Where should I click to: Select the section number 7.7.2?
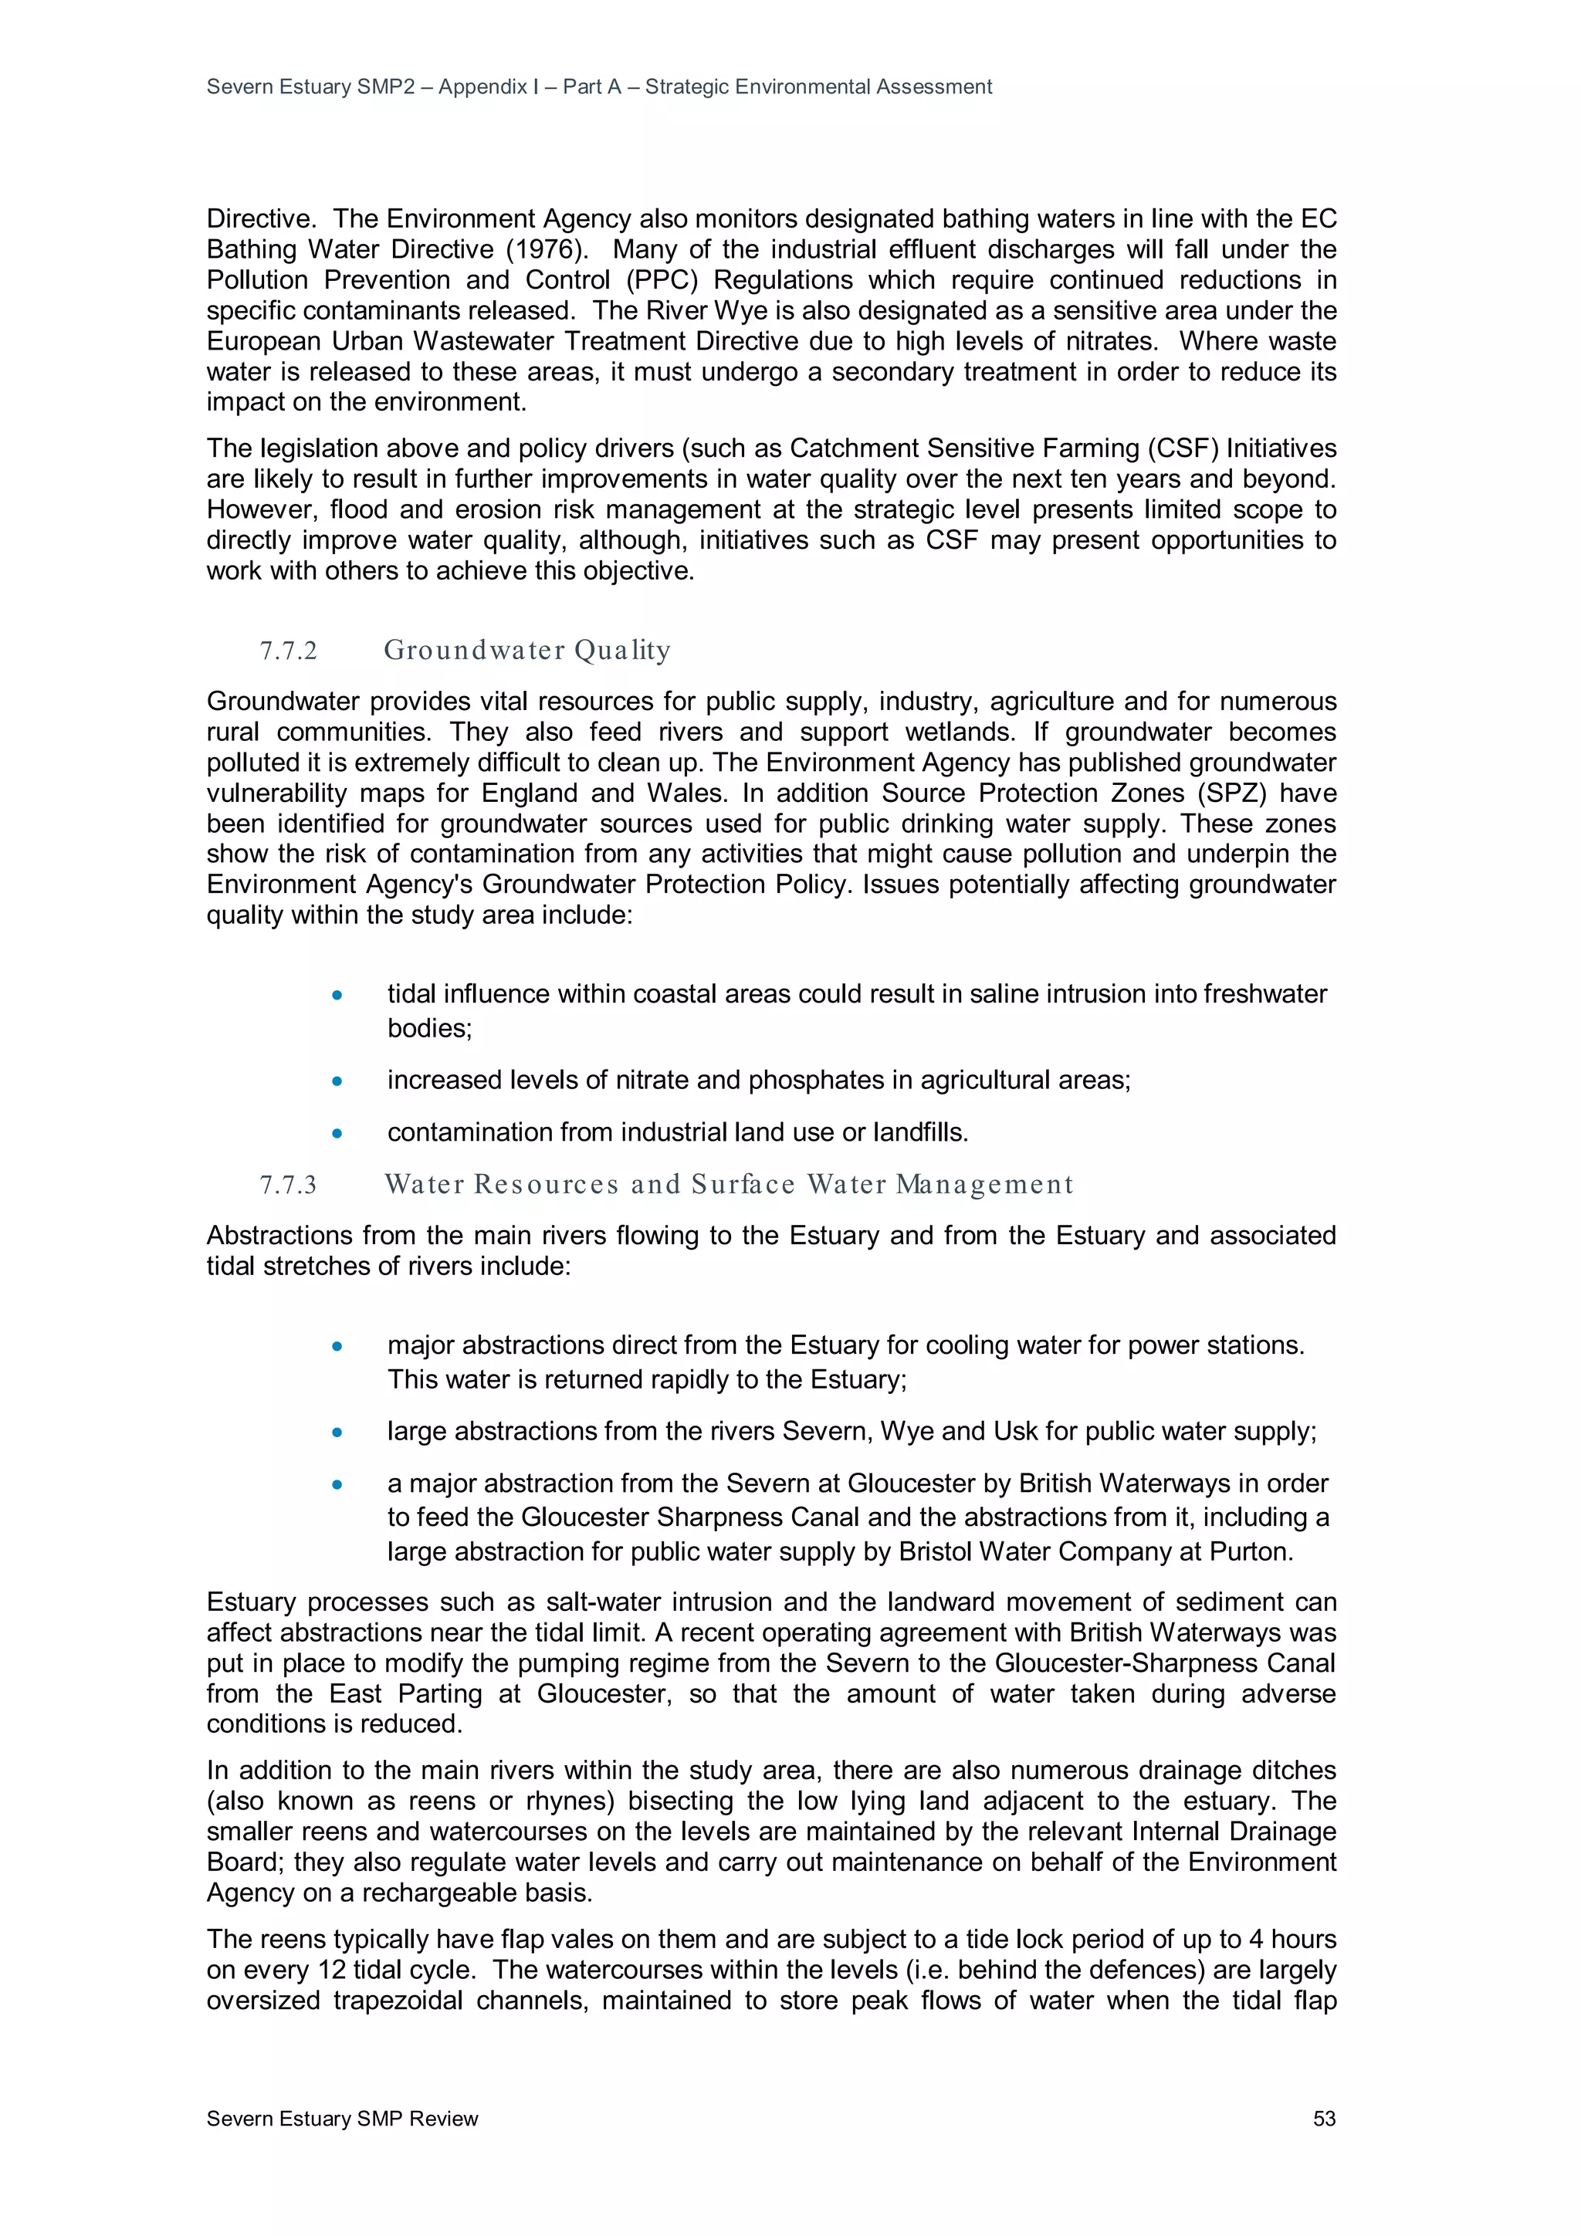(x=289, y=651)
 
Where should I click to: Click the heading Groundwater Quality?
(x=527, y=650)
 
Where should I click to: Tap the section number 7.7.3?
(x=289, y=1184)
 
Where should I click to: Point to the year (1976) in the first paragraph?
(x=542, y=249)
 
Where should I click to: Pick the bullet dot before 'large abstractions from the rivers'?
(x=337, y=1433)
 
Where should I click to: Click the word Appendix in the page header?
(x=482, y=86)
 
